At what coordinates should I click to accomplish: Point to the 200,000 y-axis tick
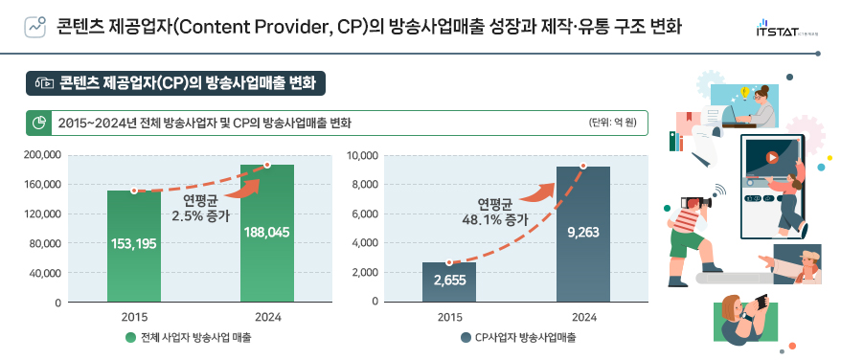[42, 154]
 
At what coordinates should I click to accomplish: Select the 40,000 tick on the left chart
[45, 273]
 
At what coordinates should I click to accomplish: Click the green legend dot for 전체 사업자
[130, 337]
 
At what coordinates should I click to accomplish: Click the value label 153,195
[134, 244]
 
